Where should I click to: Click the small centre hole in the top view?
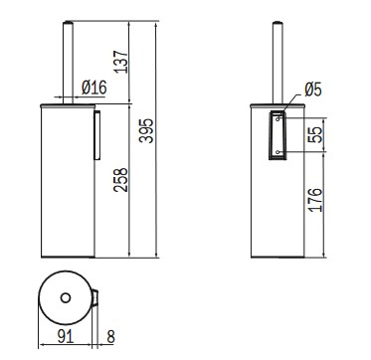click(x=66, y=297)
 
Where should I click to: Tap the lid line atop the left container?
click(x=70, y=101)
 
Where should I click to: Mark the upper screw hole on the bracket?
click(x=277, y=117)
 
